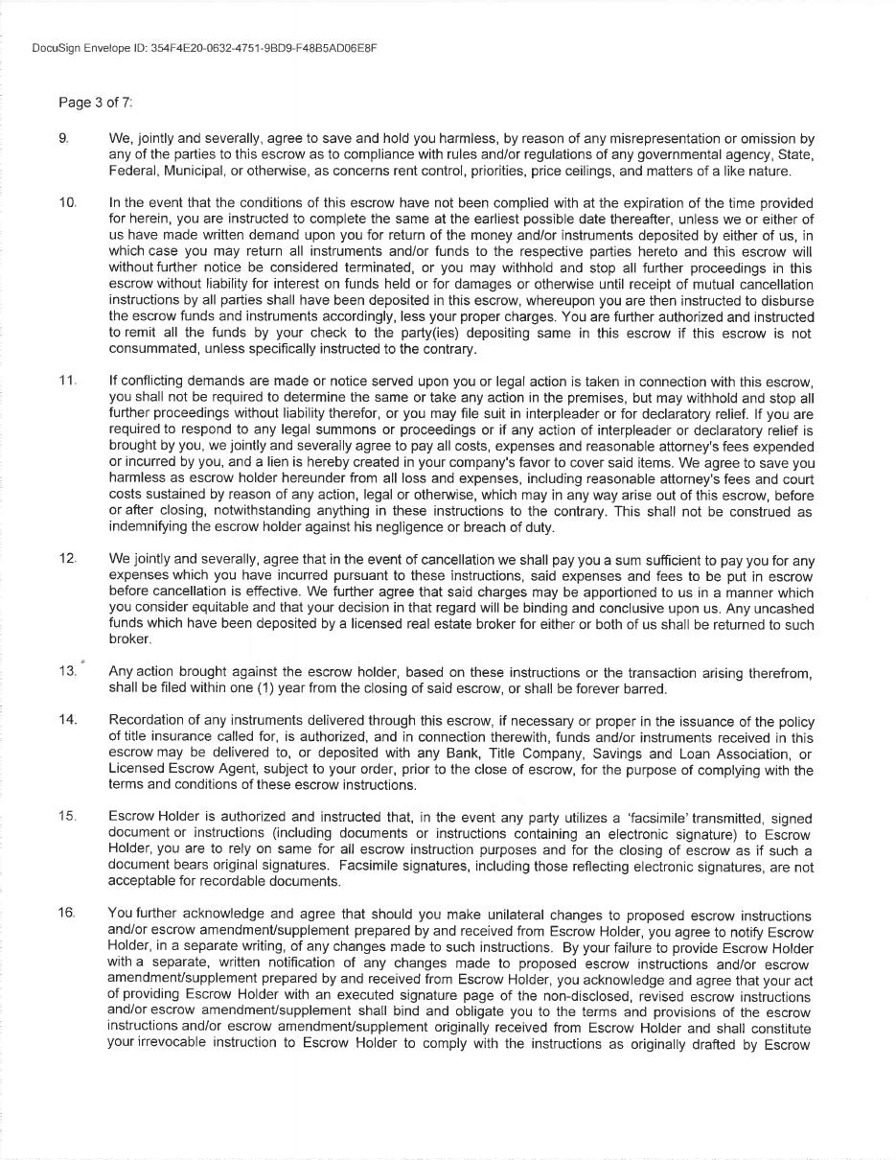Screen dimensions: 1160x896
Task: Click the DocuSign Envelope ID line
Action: click(x=203, y=48)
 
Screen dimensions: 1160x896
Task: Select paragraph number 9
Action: click(x=63, y=139)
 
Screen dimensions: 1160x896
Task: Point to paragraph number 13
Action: click(x=67, y=671)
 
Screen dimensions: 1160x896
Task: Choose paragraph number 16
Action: click(x=67, y=914)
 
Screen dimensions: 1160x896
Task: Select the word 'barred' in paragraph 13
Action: click(x=644, y=689)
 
